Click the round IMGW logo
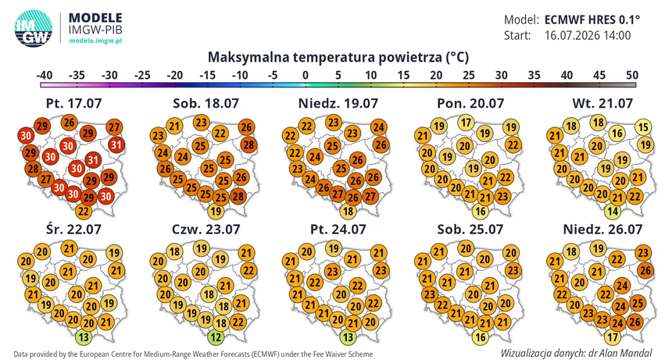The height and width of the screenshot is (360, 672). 34,28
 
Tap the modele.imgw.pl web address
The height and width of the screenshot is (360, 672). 95,41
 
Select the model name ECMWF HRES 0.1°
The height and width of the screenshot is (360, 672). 592,20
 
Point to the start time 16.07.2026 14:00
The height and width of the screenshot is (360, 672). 588,35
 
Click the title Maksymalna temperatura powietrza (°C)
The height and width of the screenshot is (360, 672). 338,57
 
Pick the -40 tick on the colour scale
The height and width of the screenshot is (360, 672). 44,75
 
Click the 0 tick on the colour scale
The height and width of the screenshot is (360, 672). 306,75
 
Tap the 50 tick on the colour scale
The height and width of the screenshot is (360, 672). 632,75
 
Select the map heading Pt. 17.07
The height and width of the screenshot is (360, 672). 73,103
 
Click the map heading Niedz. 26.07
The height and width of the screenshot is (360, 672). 602,229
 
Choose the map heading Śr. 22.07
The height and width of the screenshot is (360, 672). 73,229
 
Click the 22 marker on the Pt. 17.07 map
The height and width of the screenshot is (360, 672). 84,211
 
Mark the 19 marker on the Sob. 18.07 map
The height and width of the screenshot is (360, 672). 216,211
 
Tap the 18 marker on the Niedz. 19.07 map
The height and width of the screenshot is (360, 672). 348,211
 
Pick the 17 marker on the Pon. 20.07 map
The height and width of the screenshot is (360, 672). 466,123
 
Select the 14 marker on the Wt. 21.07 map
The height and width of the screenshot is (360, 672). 613,211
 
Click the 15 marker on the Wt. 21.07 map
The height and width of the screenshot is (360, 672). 643,127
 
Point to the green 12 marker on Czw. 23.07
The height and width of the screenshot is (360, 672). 216,337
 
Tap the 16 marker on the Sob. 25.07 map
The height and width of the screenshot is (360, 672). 481,337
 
